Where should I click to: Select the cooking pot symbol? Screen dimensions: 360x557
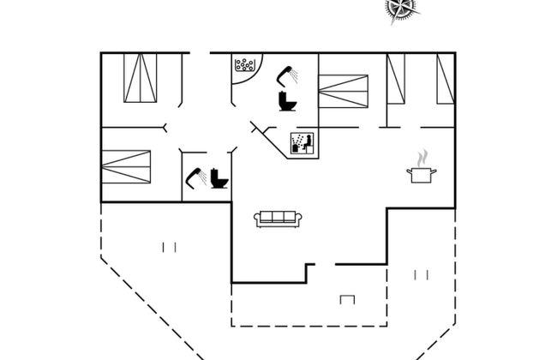click(x=421, y=174)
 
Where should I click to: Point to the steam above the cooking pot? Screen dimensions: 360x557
click(x=421, y=159)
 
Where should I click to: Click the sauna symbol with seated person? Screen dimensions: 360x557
click(x=301, y=143)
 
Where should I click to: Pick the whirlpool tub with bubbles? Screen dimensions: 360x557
click(x=246, y=65)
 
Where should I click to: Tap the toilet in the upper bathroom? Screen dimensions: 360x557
click(x=287, y=101)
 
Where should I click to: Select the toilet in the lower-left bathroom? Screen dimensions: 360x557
click(x=220, y=178)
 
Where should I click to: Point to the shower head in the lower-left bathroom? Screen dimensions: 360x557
click(x=195, y=177)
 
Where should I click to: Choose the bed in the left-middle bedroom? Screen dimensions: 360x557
click(x=126, y=166)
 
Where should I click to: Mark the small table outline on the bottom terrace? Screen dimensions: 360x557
click(x=348, y=299)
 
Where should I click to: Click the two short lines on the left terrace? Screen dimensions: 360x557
click(x=169, y=248)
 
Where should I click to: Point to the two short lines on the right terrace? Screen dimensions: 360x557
click(x=421, y=275)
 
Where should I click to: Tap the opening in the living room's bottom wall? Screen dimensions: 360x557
click(x=325, y=265)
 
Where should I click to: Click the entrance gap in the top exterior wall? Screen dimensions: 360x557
click(x=200, y=53)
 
